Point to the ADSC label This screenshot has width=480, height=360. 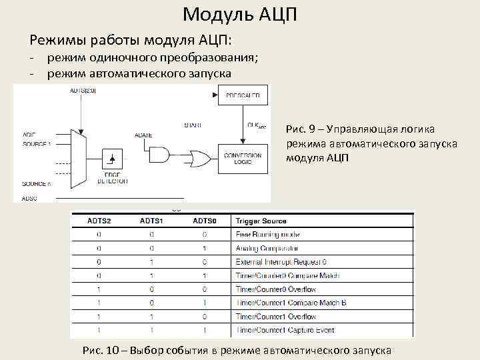click(x=29, y=198)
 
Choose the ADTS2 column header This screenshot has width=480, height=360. click(x=99, y=221)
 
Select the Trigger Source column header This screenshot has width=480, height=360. click(x=261, y=221)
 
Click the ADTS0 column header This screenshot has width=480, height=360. click(x=204, y=221)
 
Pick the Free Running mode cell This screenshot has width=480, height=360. click(x=267, y=234)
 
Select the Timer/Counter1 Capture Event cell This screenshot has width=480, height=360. click(x=285, y=330)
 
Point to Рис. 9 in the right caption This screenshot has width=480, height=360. click(x=301, y=128)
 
